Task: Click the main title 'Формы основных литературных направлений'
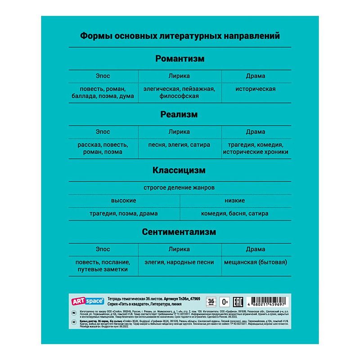[x=180, y=35]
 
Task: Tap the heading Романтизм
[x=180, y=58]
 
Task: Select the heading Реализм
[x=180, y=115]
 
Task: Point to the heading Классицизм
[x=180, y=171]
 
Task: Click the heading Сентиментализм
[x=180, y=232]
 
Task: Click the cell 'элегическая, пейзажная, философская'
[x=180, y=92]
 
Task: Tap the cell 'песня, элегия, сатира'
[x=180, y=145]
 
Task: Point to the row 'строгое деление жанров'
[x=179, y=187]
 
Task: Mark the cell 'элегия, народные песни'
[x=180, y=262]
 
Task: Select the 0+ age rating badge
[x=225, y=301]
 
